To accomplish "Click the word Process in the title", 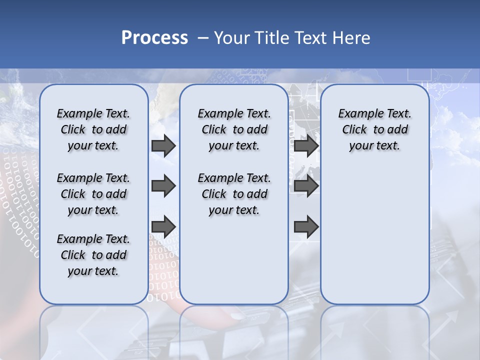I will click(x=154, y=38).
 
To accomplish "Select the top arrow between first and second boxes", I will click(x=163, y=145).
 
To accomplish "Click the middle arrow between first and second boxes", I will click(x=163, y=186).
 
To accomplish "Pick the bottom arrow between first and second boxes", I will click(x=163, y=226).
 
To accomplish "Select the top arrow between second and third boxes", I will click(x=306, y=145).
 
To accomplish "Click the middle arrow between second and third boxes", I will click(x=306, y=186).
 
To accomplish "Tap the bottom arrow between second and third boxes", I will click(x=306, y=226).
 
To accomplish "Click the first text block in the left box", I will click(x=93, y=129).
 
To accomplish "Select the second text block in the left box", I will click(x=93, y=194).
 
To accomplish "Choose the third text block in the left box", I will click(x=93, y=255).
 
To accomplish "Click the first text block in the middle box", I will click(x=234, y=129).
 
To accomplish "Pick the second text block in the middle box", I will click(x=234, y=194).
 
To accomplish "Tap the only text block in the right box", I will click(x=375, y=129).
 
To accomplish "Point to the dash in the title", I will click(x=203, y=38).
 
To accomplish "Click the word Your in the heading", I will click(x=232, y=38).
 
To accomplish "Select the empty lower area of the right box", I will click(x=375, y=235).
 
